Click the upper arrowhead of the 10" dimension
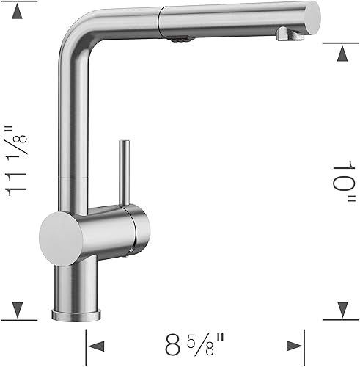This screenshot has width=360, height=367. (x=341, y=52)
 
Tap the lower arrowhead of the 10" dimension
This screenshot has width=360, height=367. (x=341, y=310)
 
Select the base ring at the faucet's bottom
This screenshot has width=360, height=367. (x=77, y=314)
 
